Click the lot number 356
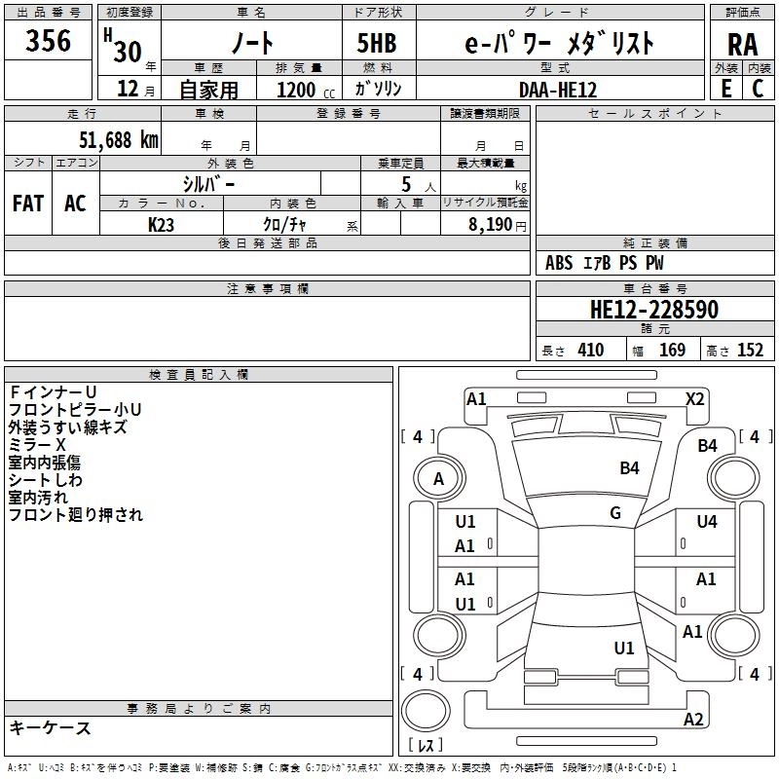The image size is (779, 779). click(48, 41)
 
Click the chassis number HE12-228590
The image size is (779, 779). click(653, 311)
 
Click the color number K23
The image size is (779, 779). click(162, 224)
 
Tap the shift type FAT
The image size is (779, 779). click(28, 204)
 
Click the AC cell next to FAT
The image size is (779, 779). click(75, 204)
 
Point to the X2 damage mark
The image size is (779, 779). click(694, 398)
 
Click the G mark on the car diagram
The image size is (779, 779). click(615, 513)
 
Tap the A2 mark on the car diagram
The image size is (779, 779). click(693, 720)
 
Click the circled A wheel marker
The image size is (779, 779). click(438, 478)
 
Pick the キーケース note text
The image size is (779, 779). click(50, 728)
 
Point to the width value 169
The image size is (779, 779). click(673, 351)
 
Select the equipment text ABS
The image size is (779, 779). click(559, 263)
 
